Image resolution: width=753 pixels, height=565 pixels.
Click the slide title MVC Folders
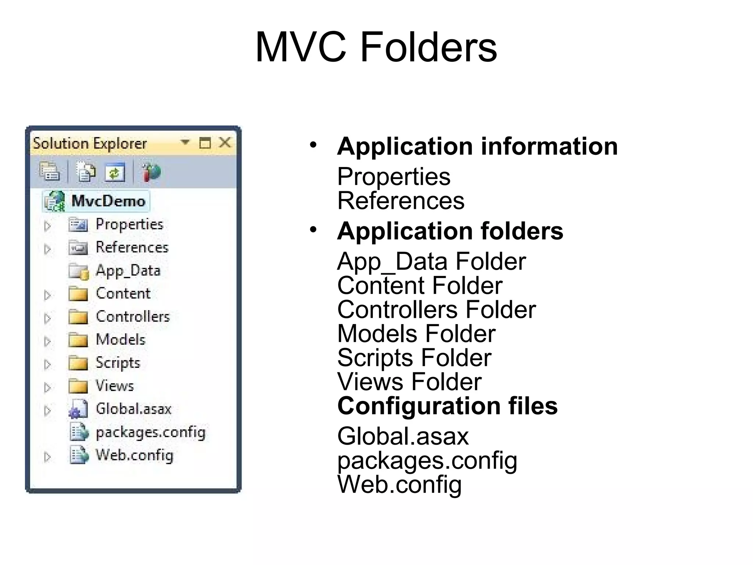pyautogui.click(x=376, y=47)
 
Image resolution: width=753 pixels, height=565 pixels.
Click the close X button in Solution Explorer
pyautogui.click(x=225, y=142)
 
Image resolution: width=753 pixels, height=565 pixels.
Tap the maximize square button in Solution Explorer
pyautogui.click(x=205, y=143)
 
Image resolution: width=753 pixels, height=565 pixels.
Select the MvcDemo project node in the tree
pyautogui.click(x=108, y=201)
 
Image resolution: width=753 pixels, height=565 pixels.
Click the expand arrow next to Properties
pyautogui.click(x=47, y=225)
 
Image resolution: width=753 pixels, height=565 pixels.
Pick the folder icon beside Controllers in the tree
pyautogui.click(x=78, y=317)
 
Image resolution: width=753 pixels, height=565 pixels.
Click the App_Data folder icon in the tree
pyautogui.click(x=78, y=271)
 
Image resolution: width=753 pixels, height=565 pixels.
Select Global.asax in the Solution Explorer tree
pyautogui.click(x=133, y=409)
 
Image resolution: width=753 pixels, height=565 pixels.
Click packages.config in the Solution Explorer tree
pyautogui.click(x=150, y=432)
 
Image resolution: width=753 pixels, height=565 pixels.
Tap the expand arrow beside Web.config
pyautogui.click(x=47, y=457)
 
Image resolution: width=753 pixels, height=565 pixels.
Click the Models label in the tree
pyautogui.click(x=121, y=340)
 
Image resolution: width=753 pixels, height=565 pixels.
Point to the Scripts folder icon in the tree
pyautogui.click(x=78, y=363)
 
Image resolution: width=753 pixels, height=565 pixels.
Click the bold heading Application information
pyautogui.click(x=477, y=146)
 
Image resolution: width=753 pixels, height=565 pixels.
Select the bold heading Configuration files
pyautogui.click(x=447, y=406)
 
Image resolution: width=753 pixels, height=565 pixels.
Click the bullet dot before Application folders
pyautogui.click(x=313, y=230)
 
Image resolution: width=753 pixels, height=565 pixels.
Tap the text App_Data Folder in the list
pyautogui.click(x=431, y=262)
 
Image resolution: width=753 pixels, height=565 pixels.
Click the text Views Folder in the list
pyautogui.click(x=409, y=382)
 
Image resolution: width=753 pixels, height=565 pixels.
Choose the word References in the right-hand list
pyautogui.click(x=401, y=201)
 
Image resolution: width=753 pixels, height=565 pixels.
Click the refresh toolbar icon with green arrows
pyautogui.click(x=115, y=172)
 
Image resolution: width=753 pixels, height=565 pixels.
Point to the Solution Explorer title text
pyautogui.click(x=90, y=143)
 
